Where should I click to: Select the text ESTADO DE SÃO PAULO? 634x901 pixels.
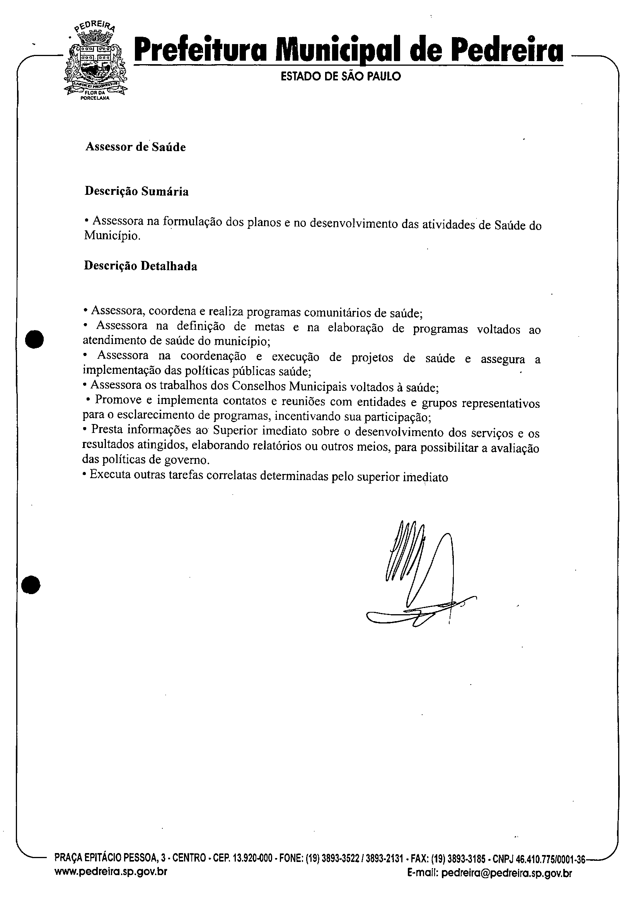341,76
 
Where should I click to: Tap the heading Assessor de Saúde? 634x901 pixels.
135,147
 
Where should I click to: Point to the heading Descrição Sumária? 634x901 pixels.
136,191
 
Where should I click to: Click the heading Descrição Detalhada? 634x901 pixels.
141,266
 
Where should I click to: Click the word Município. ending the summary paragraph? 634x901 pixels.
112,236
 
